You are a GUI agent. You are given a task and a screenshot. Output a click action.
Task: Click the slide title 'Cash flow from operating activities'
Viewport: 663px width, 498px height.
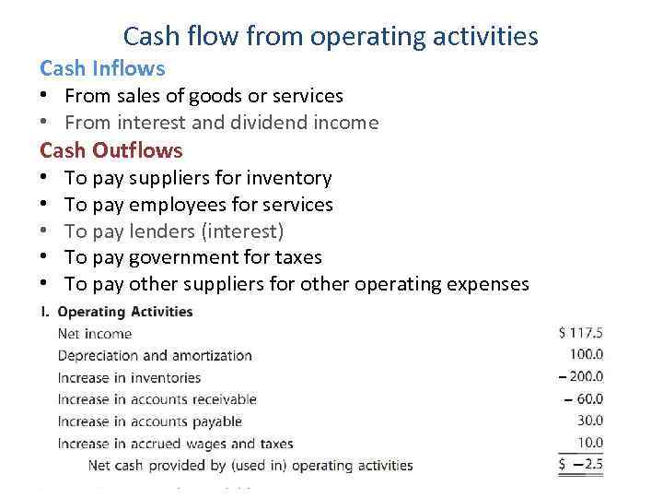[331, 36]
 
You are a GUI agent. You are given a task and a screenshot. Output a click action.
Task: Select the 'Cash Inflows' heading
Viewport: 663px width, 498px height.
[102, 68]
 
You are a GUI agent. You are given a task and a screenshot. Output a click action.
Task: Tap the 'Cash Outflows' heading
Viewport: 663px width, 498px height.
[111, 150]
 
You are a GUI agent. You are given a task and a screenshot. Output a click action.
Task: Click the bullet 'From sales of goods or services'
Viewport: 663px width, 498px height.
[204, 96]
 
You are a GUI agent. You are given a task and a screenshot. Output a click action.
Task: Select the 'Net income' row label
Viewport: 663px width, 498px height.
[95, 334]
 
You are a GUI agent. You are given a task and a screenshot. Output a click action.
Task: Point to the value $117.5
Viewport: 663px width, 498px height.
[580, 333]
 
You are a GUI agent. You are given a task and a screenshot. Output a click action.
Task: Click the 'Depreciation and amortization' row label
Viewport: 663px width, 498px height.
[155, 355]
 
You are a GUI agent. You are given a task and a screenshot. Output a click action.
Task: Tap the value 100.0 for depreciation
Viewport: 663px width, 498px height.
[586, 354]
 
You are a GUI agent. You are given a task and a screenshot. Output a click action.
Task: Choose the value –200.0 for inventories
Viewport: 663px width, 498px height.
[581, 376]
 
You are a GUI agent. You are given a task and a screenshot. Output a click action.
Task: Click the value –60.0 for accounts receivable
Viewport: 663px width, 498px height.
[584, 398]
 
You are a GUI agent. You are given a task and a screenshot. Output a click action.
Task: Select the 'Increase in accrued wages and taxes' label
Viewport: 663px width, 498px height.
[175, 444]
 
